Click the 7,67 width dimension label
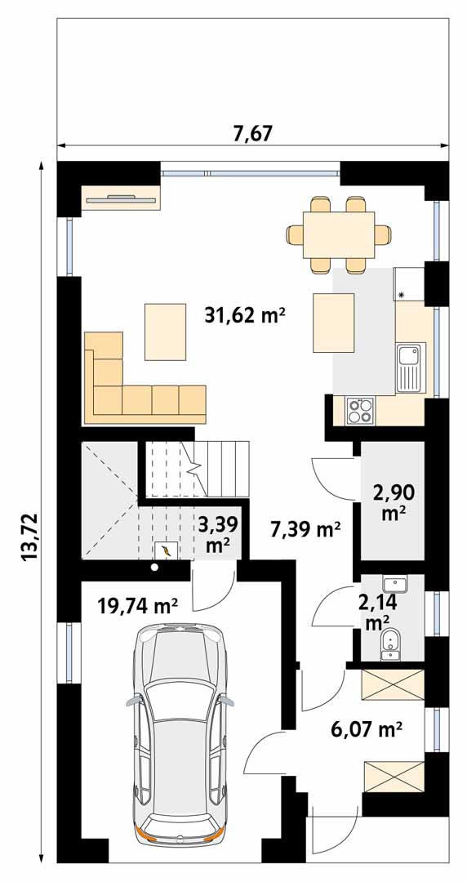[252, 134]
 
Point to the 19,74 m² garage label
[137, 606]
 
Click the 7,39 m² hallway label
[305, 528]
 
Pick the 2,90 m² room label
[394, 502]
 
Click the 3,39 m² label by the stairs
[217, 534]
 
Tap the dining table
[339, 234]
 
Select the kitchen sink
[411, 367]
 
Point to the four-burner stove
[360, 410]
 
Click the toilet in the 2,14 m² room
[389, 644]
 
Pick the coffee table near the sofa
[166, 332]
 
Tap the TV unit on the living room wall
[121, 198]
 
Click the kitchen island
[334, 323]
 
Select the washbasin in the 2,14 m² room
[395, 585]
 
